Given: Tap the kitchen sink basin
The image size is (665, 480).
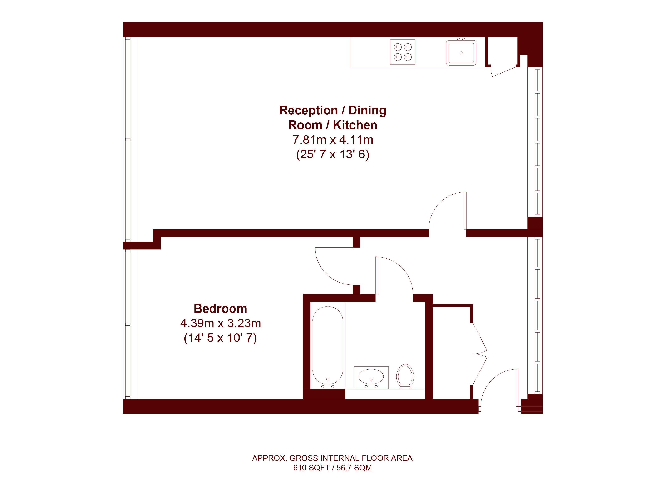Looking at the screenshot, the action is (461, 53).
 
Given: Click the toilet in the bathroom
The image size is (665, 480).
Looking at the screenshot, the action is (405, 376).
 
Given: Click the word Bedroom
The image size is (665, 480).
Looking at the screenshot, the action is (221, 309).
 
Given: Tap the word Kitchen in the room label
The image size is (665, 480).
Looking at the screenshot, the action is (355, 125).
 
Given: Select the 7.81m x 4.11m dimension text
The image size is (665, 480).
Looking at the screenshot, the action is (333, 140).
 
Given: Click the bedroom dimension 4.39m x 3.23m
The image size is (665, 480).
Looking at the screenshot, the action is (221, 323).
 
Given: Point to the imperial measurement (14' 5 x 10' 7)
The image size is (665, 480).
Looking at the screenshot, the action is (221, 338).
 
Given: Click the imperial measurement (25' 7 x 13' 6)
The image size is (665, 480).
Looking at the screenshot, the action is (333, 154).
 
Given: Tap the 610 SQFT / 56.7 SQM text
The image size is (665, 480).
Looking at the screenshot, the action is (332, 468).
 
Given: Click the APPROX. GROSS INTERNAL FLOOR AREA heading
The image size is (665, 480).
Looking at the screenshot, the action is (332, 458).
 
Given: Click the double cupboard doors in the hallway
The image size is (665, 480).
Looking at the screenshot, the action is (479, 354).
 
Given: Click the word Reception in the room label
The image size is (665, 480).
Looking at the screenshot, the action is (309, 110).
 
